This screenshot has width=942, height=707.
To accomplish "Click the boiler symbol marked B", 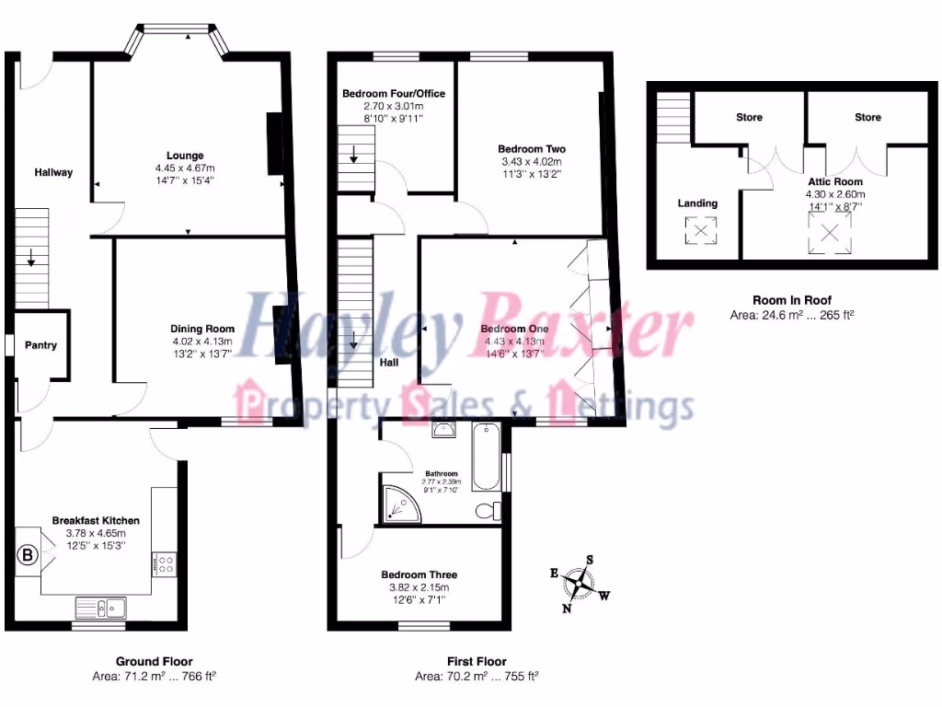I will click(x=28, y=555).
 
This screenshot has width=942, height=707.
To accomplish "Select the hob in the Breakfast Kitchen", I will click(x=167, y=563).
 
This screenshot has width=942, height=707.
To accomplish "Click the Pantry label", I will click(x=40, y=345).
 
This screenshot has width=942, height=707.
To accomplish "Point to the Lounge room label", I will click(x=185, y=156).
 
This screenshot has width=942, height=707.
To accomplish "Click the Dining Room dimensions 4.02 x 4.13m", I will click(x=201, y=341).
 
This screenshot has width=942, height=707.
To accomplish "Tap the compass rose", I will click(x=580, y=583).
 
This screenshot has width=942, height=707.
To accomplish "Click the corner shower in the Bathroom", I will click(x=397, y=500).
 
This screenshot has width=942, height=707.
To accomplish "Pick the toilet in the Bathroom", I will click(x=488, y=510).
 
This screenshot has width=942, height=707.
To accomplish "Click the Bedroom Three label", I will click(x=419, y=575).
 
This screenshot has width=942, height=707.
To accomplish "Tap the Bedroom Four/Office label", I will click(x=393, y=94).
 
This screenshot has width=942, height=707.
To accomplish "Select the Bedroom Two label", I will click(x=531, y=149).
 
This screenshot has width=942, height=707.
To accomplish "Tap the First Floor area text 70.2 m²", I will click(x=476, y=676).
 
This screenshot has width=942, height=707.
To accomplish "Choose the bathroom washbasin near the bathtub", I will click(x=445, y=428).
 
